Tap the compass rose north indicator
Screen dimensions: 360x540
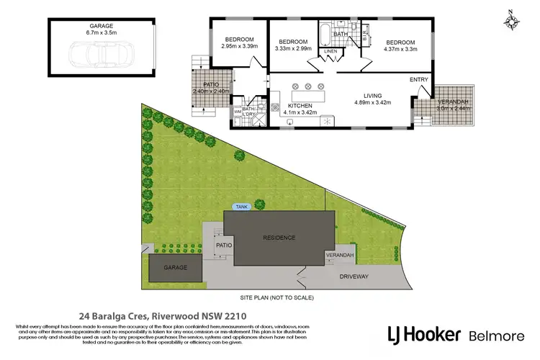tap(512, 21)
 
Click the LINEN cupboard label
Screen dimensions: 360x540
tap(330, 51)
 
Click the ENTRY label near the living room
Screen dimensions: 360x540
tap(418, 79)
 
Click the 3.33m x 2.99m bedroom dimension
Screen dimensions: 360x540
tap(293, 49)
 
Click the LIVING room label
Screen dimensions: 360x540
tap(372, 96)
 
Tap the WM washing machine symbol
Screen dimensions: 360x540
tap(238, 112)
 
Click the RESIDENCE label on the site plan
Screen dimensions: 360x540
tap(279, 237)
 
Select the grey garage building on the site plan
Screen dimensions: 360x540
tap(175, 268)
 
